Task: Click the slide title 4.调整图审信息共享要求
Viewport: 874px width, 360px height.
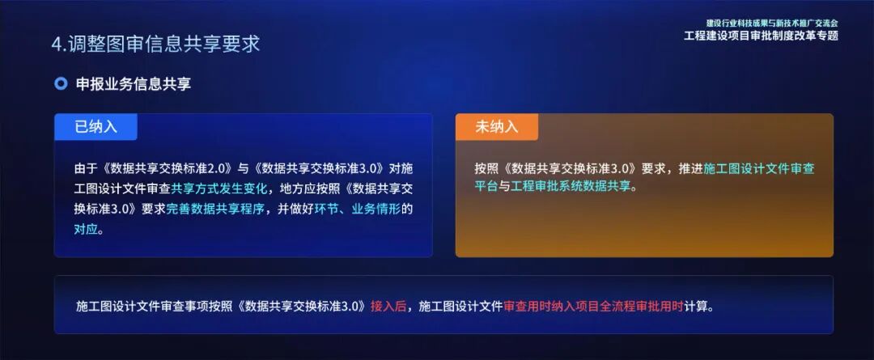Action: coord(156,44)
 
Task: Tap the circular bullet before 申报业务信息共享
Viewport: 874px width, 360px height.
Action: coord(61,84)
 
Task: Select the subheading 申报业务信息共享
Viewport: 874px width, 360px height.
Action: coord(134,84)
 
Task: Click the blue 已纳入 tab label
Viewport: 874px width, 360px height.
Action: coord(96,127)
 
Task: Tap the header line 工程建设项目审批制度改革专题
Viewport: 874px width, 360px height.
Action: coord(761,36)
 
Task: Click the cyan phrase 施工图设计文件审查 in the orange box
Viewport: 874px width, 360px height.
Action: coord(759,169)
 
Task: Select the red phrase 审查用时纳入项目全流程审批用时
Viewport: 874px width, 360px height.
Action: coord(593,307)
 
